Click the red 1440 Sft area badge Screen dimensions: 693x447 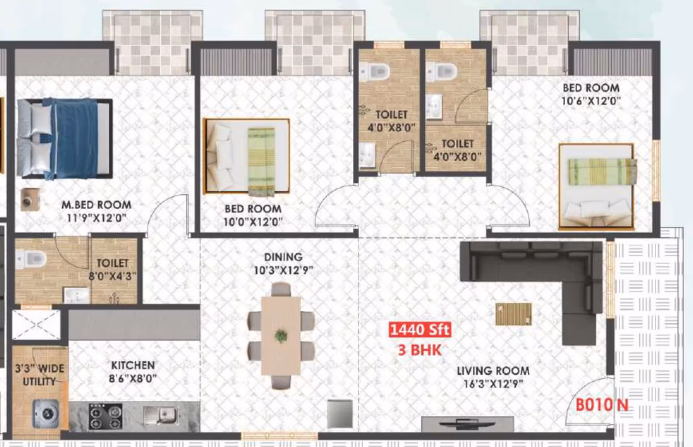tap(420, 329)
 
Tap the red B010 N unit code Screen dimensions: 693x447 tap(602, 405)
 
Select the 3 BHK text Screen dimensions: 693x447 tap(419, 350)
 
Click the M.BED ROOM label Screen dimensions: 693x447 tap(96, 205)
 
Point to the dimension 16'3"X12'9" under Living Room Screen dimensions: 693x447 tap(493, 384)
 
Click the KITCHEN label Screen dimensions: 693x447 tap(133, 365)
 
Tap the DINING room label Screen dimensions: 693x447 tap(283, 257)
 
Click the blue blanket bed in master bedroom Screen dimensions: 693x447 tap(65, 139)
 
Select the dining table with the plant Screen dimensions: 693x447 tap(281, 336)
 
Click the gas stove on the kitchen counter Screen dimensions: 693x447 tap(105, 417)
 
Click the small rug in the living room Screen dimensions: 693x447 tap(513, 314)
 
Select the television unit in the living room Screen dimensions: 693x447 tap(468, 424)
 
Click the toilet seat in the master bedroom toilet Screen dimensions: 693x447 tap(31, 259)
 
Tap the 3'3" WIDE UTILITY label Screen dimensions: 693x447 tap(40, 375)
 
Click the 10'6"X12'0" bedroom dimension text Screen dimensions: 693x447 tap(591, 101)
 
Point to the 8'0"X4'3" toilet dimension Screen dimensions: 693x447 tap(113, 276)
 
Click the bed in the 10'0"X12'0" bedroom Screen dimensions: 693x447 tap(246, 156)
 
